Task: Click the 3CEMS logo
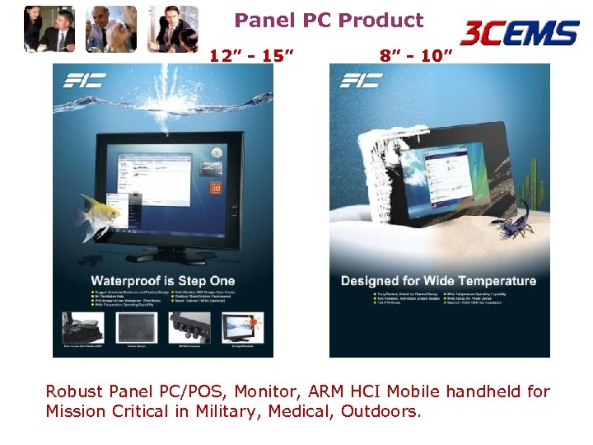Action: tap(519, 34)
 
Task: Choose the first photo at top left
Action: tap(50, 30)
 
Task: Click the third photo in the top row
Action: tap(173, 30)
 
